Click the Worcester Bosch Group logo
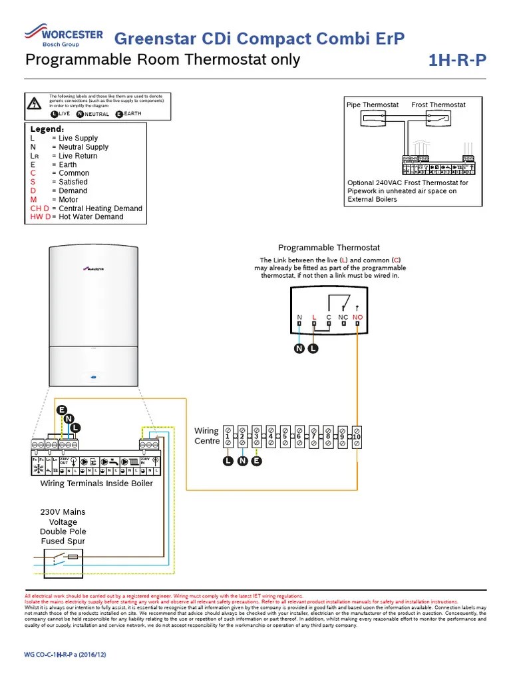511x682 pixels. tap(63, 36)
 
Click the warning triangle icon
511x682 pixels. tap(34, 103)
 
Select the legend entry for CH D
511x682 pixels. tap(86, 208)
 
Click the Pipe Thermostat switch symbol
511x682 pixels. tap(381, 119)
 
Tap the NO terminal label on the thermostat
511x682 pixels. tap(358, 318)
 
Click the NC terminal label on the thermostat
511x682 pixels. tap(343, 318)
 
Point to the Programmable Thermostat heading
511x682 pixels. tap(329, 248)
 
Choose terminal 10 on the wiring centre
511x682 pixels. tap(357, 436)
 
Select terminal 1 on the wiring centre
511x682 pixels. tap(228, 436)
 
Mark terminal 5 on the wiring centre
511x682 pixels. tap(285, 436)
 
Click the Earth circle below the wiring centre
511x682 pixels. tap(257, 461)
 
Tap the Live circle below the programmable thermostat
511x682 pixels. tap(314, 348)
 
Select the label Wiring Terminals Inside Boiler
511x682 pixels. tap(96, 484)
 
